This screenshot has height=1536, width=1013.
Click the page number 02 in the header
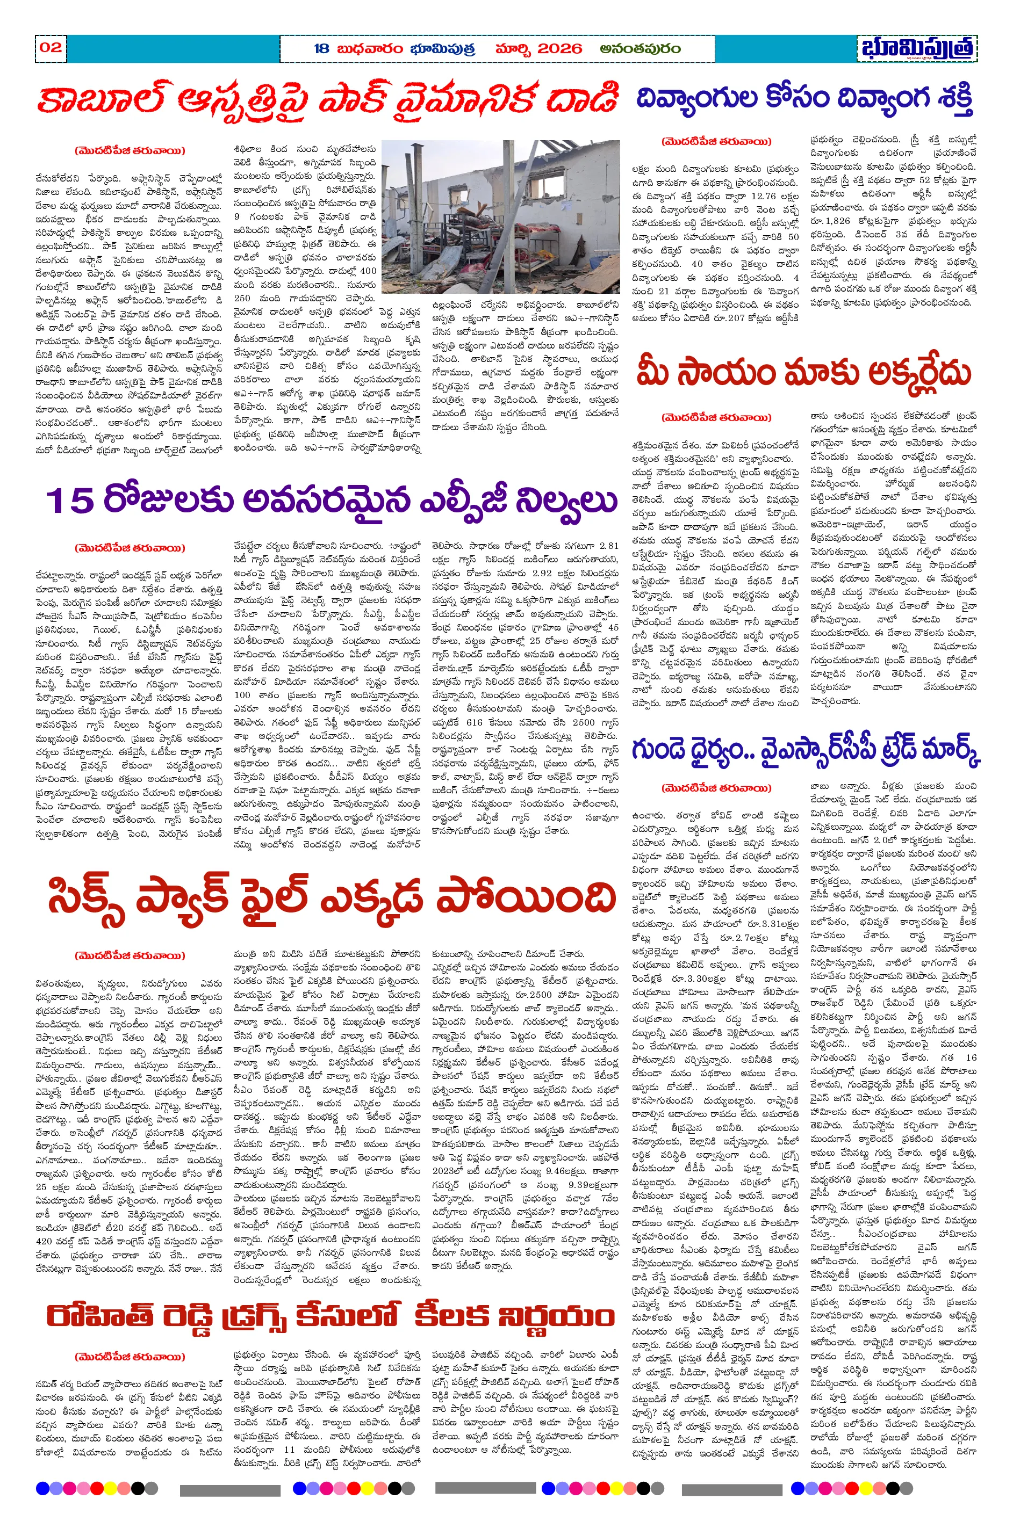click(51, 47)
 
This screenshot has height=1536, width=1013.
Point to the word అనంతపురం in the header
click(640, 48)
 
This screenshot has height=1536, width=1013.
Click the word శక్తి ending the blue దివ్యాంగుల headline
click(952, 99)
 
